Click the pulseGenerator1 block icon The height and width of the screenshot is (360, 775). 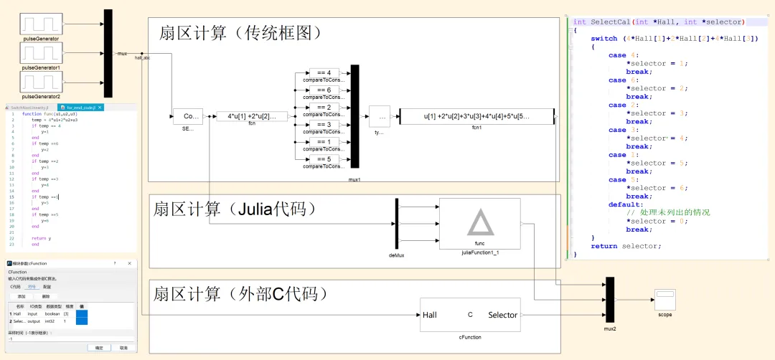pyautogui.click(x=41, y=53)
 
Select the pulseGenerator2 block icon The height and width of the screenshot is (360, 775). pyautogui.click(x=41, y=82)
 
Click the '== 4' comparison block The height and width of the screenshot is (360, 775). pyautogui.click(x=324, y=73)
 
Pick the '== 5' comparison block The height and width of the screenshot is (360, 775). pyautogui.click(x=324, y=159)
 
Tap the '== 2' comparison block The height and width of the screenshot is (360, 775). pyautogui.click(x=324, y=108)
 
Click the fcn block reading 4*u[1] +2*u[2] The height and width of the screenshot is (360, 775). pyautogui.click(x=252, y=116)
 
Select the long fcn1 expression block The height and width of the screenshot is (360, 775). pyautogui.click(x=476, y=116)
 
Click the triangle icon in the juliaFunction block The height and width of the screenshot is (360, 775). pyautogui.click(x=480, y=223)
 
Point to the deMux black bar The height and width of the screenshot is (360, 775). pyautogui.click(x=396, y=224)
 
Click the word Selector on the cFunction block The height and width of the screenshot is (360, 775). pyautogui.click(x=502, y=315)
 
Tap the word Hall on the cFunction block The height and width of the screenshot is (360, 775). pyautogui.click(x=430, y=315)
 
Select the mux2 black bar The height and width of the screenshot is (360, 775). pyautogui.click(x=610, y=300)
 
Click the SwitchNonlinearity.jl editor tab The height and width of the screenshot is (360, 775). pyautogui.click(x=29, y=108)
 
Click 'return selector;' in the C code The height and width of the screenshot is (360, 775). pyautogui.click(x=626, y=246)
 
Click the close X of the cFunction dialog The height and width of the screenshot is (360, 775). pyautogui.click(x=128, y=264)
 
